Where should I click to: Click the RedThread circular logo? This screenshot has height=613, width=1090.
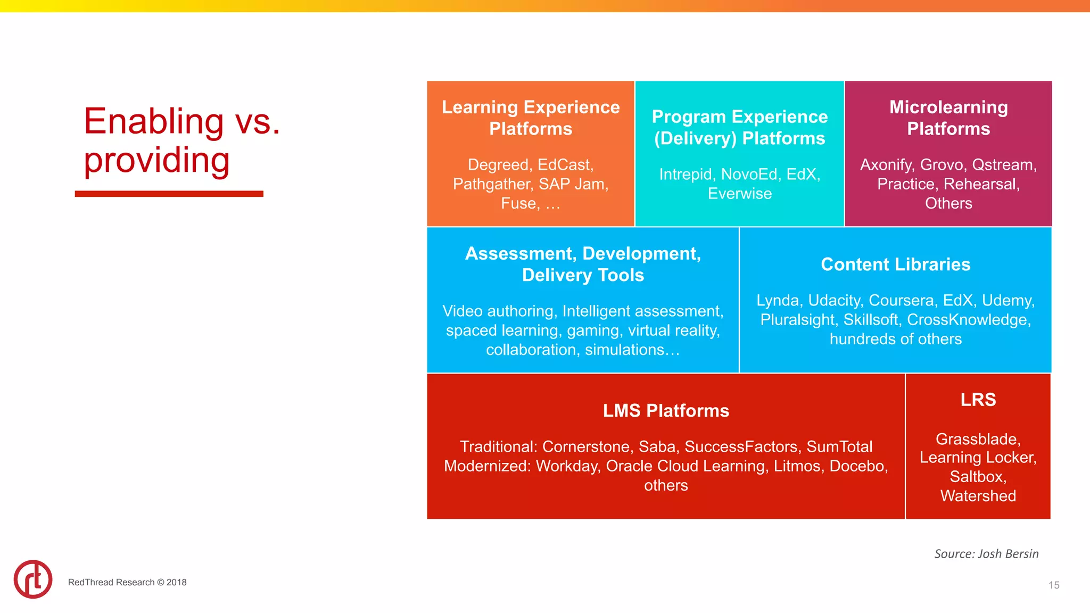[33, 579]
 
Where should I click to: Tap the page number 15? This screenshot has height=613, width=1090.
[1054, 585]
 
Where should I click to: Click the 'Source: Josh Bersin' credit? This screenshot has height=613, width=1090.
[986, 554]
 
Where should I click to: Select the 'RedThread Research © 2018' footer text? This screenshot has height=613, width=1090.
[127, 582]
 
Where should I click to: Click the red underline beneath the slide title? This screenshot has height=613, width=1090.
[169, 194]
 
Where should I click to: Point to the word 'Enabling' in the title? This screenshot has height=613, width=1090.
[154, 121]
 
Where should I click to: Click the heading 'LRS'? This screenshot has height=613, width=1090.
[978, 400]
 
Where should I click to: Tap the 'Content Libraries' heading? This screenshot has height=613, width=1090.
[895, 264]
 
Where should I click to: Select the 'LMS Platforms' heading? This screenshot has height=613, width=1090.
[666, 411]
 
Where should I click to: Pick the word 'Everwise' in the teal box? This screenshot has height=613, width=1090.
[739, 194]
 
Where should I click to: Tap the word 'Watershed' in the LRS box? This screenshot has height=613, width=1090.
[978, 496]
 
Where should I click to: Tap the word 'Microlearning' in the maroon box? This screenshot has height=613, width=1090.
[948, 107]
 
